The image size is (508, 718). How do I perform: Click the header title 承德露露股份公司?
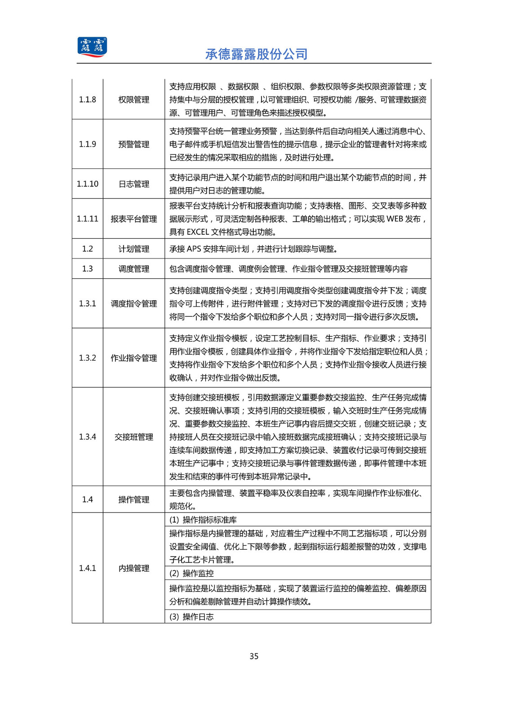click(256, 54)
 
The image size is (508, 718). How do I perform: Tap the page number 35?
click(254, 656)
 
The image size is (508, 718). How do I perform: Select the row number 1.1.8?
click(87, 100)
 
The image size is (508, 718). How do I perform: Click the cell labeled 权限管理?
click(133, 100)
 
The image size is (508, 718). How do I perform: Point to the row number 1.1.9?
click(87, 144)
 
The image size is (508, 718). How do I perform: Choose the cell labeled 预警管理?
click(133, 144)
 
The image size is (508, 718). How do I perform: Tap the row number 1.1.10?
click(87, 184)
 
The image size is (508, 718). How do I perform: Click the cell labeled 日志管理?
click(133, 184)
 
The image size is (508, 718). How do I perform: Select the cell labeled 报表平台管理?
click(133, 219)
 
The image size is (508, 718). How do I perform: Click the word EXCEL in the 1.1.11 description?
click(198, 232)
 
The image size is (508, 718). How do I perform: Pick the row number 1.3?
click(87, 269)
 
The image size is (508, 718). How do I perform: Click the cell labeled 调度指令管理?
click(133, 303)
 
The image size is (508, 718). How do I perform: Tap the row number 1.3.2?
click(87, 358)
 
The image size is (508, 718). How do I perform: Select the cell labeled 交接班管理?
click(133, 437)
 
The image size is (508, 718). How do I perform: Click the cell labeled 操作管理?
click(133, 499)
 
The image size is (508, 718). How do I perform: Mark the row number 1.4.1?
click(87, 568)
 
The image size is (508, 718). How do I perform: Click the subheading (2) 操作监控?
click(191, 574)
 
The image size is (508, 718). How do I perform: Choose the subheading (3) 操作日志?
click(191, 617)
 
